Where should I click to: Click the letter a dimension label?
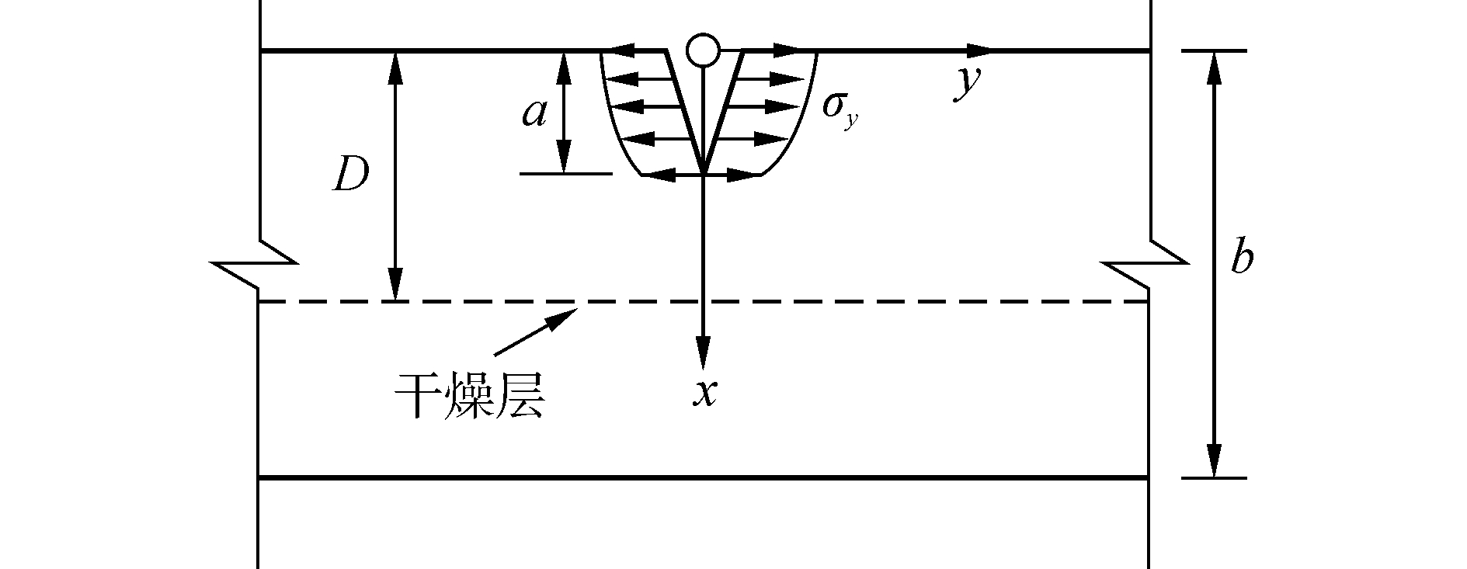coord(534,113)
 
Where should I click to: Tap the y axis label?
coord(968,82)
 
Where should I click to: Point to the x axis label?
coord(704,393)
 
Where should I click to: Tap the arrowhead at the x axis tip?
coord(703,353)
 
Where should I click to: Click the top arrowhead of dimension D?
coord(396,66)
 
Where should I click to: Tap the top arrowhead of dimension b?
coord(1214,66)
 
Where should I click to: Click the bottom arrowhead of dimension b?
coord(1214,463)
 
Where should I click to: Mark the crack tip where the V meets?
coord(703,173)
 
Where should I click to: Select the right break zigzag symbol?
coord(1148,265)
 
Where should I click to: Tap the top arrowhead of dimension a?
coord(565,66)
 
